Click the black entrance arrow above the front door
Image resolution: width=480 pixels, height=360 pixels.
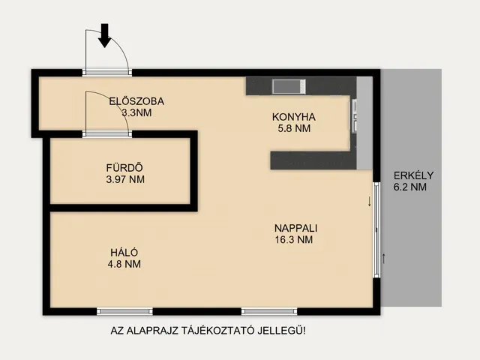coord(105,34)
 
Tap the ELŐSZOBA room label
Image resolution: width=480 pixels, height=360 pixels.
coord(136,101)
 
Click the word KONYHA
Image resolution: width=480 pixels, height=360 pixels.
coord(293,117)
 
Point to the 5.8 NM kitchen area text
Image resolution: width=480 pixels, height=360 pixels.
coord(293,128)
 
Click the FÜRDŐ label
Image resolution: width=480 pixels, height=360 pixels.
coord(124,168)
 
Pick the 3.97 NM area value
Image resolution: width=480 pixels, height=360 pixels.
coord(125,179)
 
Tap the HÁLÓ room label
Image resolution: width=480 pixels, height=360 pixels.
coord(124,253)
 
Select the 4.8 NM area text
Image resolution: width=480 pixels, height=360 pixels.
coord(124,264)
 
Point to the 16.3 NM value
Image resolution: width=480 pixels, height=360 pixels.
coord(294,240)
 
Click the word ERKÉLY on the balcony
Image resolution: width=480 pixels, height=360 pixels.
coord(413,176)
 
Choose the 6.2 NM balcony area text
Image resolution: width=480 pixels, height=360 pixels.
coord(410,187)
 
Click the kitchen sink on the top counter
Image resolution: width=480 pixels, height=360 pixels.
coord(288,86)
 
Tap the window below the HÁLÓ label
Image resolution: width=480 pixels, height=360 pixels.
coord(124,311)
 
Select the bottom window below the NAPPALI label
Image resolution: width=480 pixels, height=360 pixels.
coord(269,311)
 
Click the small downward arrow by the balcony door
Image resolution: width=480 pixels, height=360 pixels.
coord(369,201)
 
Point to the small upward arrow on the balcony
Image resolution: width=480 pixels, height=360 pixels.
coord(384,259)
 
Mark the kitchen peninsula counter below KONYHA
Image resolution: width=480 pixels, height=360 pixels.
coord(311,160)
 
